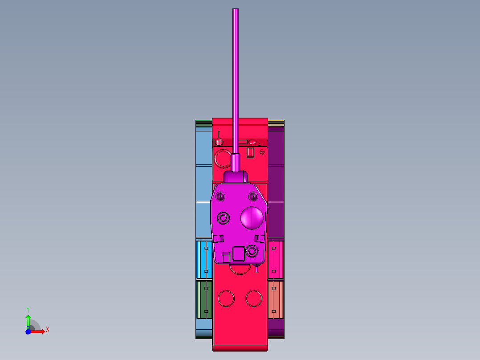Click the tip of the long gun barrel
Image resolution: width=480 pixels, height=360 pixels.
(236, 10)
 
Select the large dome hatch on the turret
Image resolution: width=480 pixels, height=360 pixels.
(252, 218)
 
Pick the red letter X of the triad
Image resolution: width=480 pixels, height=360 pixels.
(47, 330)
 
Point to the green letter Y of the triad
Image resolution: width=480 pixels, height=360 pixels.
(28, 309)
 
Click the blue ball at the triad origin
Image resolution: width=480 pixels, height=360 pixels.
(28, 331)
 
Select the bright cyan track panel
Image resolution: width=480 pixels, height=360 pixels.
(204, 260)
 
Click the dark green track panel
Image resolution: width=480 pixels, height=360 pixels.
(204, 299)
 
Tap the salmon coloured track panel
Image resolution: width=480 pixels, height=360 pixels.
(276, 299)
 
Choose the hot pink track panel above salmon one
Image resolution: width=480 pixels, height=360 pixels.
(276, 260)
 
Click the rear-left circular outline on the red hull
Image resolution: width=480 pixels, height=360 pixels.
(226, 299)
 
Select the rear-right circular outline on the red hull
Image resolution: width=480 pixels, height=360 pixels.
(254, 299)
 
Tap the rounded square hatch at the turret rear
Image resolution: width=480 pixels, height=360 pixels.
(239, 254)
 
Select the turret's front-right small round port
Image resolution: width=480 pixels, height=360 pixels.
(253, 196)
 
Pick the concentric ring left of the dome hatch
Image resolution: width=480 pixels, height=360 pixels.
(223, 218)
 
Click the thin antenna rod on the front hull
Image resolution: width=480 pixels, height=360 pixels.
(219, 135)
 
